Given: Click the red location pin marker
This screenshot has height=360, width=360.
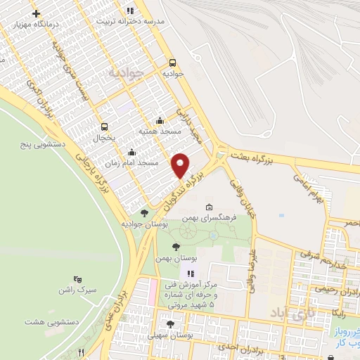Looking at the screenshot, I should (x=181, y=165).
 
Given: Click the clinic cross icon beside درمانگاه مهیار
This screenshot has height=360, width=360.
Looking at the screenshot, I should (x=37, y=13).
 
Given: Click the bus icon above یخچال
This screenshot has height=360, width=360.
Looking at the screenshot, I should (x=105, y=127).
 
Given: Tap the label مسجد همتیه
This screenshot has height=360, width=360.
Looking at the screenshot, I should (x=160, y=131).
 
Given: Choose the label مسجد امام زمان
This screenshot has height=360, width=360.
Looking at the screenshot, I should (x=132, y=162).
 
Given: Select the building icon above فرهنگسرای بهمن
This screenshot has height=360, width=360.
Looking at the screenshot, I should (x=209, y=207).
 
